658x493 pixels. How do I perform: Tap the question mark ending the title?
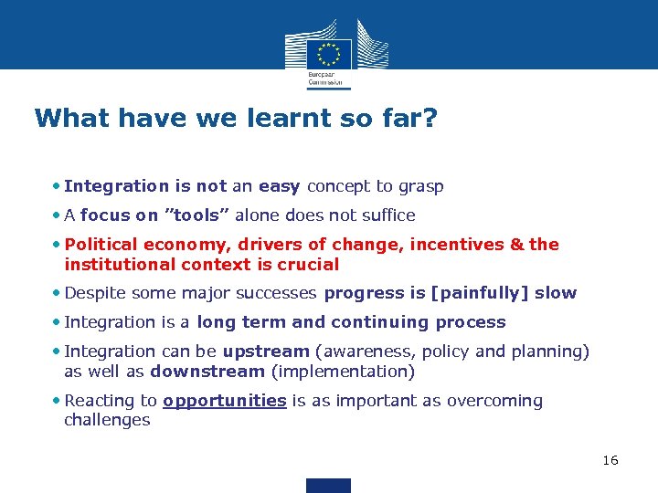pos(429,119)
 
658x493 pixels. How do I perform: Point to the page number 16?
pos(610,460)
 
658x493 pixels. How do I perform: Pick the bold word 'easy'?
pos(279,186)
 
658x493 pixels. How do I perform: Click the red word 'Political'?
pos(100,245)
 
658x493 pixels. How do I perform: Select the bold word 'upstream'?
pos(265,351)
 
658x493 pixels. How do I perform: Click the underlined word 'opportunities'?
pos(225,401)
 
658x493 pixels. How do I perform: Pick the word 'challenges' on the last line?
pos(107,421)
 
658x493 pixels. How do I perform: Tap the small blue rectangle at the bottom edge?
pos(328,486)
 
